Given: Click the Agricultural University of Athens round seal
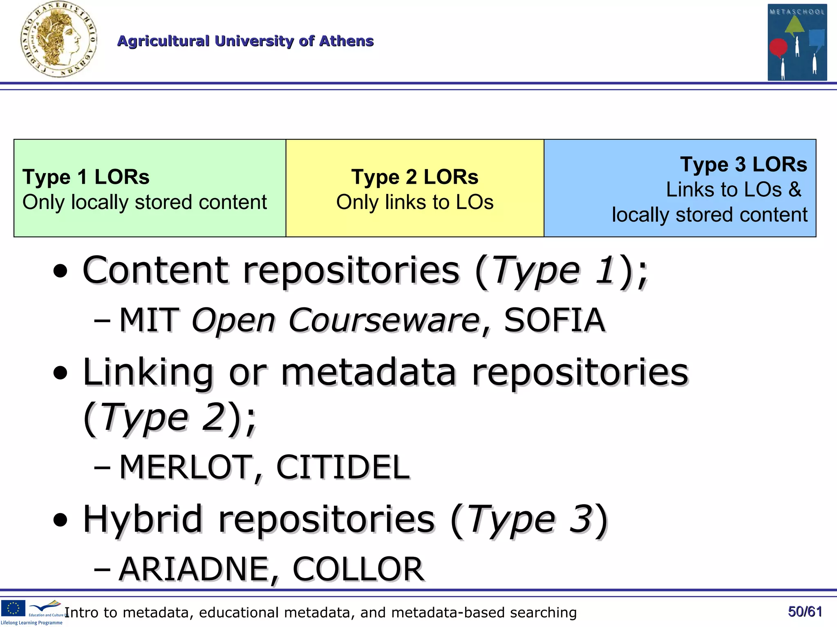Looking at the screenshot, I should pyautogui.click(x=58, y=40).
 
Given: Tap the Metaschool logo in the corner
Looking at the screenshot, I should pyautogui.click(x=797, y=42).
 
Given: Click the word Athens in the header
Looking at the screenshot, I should pyautogui.click(x=346, y=41).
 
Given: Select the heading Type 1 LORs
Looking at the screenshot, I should pyautogui.click(x=86, y=177).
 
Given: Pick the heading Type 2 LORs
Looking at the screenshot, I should pyautogui.click(x=415, y=177).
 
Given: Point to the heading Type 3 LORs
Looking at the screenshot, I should pyautogui.click(x=743, y=165).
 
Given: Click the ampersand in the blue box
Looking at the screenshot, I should pyautogui.click(x=795, y=189).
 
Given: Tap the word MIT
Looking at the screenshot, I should pyautogui.click(x=149, y=320).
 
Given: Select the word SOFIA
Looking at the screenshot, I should pyautogui.click(x=554, y=320).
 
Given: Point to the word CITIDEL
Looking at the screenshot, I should pyautogui.click(x=342, y=467).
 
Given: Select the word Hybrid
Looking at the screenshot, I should pyautogui.click(x=143, y=519).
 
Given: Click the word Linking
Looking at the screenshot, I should pyautogui.click(x=148, y=372).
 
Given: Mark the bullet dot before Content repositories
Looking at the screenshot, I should pyautogui.click(x=60, y=271).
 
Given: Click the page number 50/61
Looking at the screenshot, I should pyautogui.click(x=805, y=611).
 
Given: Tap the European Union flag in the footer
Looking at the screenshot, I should pyautogui.click(x=13, y=608).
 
